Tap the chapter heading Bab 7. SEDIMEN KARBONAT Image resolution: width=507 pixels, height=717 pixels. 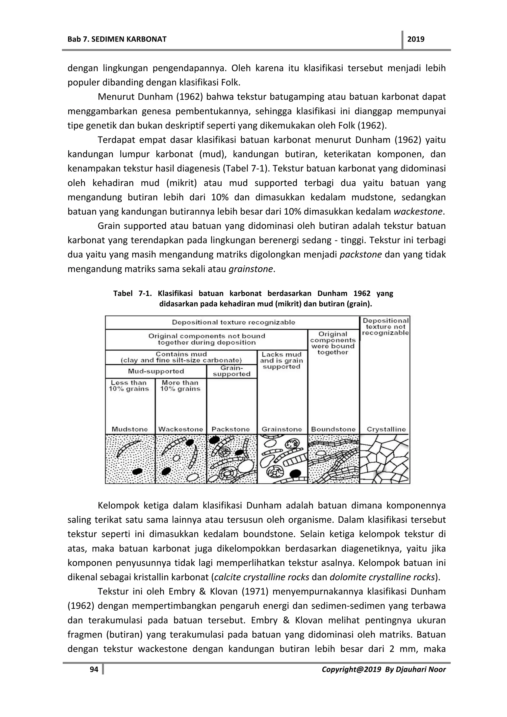point(117,39)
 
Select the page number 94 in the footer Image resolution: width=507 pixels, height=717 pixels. point(94,669)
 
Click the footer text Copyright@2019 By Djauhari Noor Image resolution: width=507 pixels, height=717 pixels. point(383,669)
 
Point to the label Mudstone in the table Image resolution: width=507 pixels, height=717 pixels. point(130,429)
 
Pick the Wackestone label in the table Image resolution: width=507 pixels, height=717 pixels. point(180,429)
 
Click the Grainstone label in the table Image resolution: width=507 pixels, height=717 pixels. point(282,429)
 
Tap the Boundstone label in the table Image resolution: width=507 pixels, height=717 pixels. point(333,429)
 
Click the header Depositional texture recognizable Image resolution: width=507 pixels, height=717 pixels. point(233,322)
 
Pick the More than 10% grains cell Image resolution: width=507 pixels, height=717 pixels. point(180,386)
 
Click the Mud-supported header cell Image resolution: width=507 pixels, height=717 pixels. point(156,371)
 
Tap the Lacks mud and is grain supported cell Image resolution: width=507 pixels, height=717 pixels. point(281,360)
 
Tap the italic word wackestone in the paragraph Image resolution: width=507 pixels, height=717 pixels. point(418,212)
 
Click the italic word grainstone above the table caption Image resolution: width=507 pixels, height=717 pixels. point(251,269)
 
